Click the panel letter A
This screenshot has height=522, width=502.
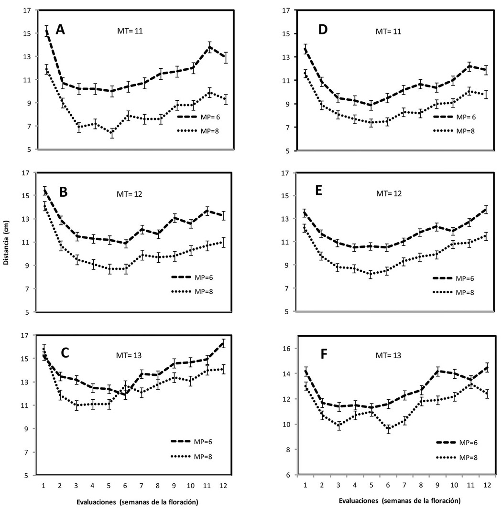(60, 30)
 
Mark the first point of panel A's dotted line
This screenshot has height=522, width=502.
(46, 69)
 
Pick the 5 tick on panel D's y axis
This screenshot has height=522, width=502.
(287, 151)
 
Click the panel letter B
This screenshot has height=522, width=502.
(63, 192)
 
